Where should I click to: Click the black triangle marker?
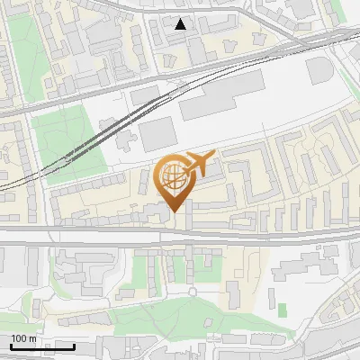point(181,24)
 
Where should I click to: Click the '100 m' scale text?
point(23,338)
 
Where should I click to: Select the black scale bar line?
point(42,346)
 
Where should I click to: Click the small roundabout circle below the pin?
point(192,292)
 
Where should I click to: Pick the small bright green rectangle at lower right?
point(283,310)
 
